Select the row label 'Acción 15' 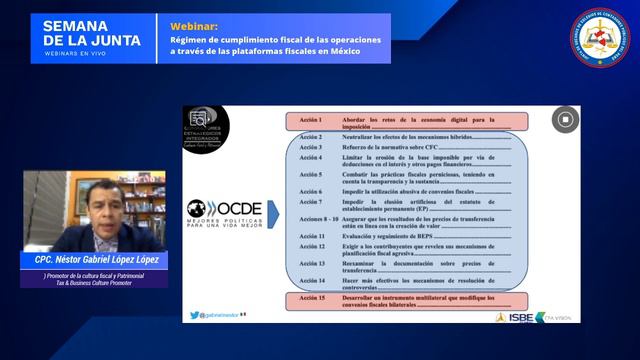312,297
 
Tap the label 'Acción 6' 311,191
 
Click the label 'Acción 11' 312,235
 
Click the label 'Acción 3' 311,146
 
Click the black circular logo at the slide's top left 205,127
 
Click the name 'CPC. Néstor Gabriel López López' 96,260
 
